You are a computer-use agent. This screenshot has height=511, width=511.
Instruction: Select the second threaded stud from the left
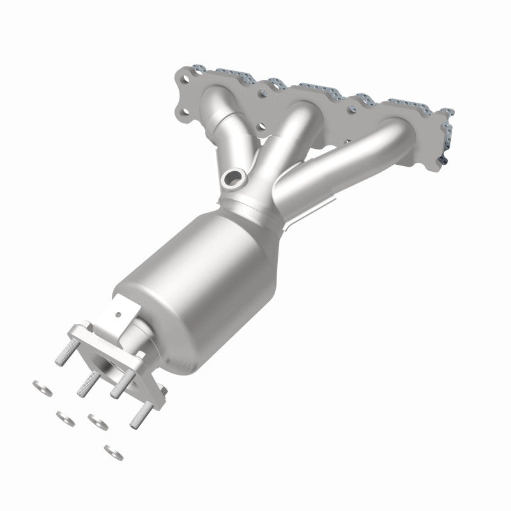[85, 383]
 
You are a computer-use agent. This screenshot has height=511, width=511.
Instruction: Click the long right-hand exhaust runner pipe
[345, 153]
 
